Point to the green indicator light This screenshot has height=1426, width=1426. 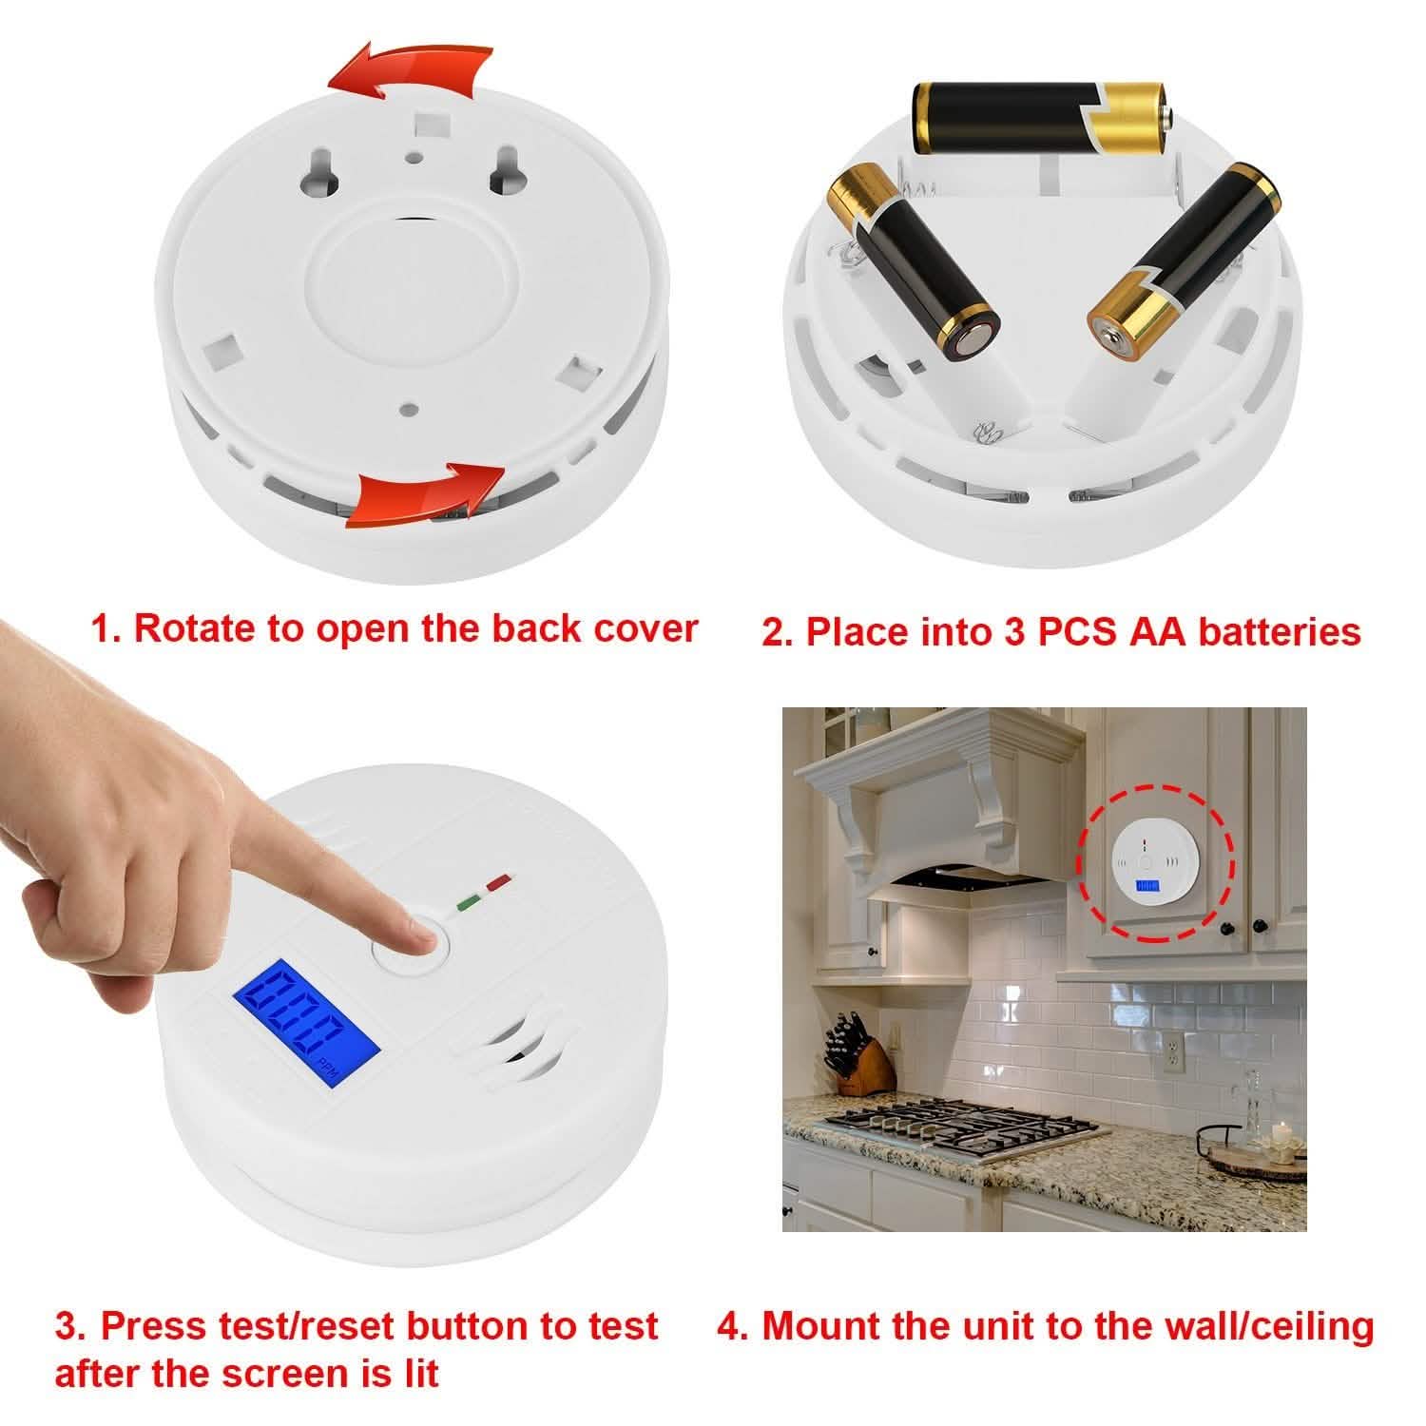click(x=468, y=899)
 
